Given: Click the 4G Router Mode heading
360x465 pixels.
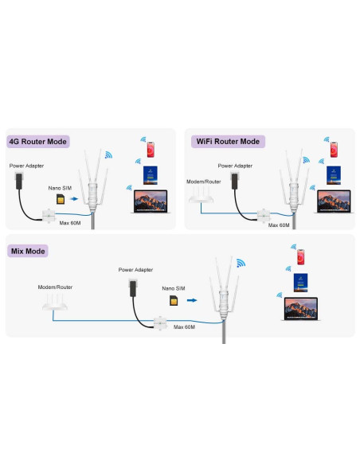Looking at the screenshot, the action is point(38,142).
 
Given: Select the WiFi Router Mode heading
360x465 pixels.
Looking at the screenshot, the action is point(228,142).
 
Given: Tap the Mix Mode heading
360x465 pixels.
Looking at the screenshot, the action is point(28,251).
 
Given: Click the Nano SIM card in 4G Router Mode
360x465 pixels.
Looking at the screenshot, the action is point(61,199).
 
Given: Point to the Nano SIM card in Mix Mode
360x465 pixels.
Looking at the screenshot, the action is point(174,300).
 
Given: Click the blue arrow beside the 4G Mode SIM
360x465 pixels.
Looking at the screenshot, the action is point(74,199).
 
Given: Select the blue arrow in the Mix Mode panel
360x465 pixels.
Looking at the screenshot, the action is point(192,300).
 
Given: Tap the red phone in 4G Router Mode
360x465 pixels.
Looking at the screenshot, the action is point(151,150).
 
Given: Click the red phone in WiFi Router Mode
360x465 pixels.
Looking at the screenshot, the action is point(334,150).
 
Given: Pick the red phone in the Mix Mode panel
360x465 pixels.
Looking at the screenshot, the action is point(301,257).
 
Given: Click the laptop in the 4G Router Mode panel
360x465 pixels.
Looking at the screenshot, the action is point(151,201).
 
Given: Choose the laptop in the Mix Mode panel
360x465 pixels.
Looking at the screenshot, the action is point(301,309).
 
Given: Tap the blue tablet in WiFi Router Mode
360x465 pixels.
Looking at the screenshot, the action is point(334,175).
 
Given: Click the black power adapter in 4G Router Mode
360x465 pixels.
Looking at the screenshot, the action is point(18,181).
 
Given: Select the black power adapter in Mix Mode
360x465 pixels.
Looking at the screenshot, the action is point(132,288).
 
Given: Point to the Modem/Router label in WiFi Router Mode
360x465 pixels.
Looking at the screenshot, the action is point(204,182).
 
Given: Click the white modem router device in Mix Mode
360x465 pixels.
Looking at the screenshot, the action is point(55,302).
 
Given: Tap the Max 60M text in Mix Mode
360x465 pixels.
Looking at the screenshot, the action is point(184,326).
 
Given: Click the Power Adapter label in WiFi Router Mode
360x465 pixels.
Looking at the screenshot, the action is point(235,166).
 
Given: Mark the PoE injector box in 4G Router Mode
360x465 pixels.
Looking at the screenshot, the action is point(49,216).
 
